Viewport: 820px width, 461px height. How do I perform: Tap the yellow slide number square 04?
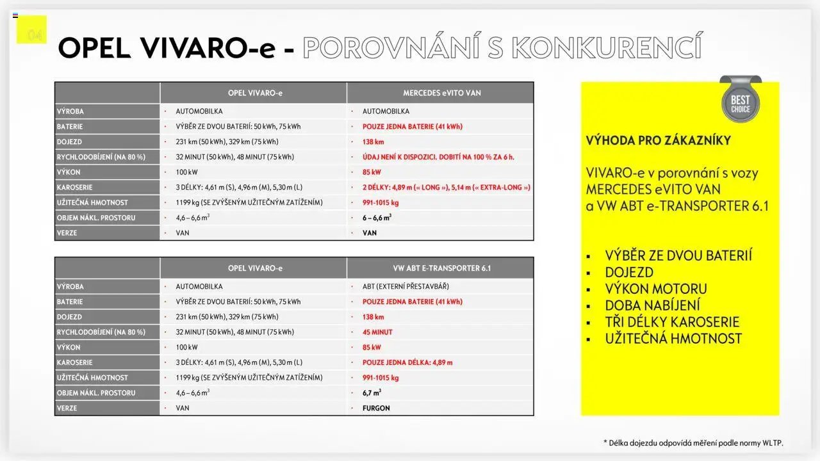pos(31,30)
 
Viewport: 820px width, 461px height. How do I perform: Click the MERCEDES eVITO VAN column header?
pos(441,93)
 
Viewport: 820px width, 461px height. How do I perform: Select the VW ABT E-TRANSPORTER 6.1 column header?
pos(441,268)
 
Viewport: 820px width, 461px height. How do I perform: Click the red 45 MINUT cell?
pos(377,332)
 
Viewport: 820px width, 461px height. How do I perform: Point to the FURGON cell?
pos(376,408)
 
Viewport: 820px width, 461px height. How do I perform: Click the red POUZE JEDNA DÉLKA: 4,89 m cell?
pos(407,362)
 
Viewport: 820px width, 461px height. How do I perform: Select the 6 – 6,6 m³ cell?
pos(377,218)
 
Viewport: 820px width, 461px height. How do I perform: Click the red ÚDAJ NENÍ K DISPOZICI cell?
pos(438,157)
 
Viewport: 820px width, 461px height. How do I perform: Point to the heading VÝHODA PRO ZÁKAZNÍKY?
pos(658,141)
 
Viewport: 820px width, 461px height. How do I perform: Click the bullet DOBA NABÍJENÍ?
pos(652,305)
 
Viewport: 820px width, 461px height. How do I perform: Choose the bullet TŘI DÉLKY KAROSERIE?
pos(672,322)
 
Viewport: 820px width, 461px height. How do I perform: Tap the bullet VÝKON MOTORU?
pos(656,289)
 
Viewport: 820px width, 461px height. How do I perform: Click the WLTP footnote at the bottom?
pos(693,442)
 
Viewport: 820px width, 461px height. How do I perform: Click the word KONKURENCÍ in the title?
pos(605,47)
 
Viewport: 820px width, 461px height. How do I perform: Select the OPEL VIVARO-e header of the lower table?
pos(254,268)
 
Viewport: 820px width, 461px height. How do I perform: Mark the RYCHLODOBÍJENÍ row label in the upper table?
pos(101,157)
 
